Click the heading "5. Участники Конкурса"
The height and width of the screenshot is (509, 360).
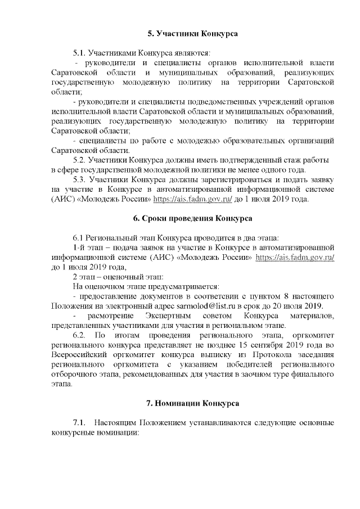tap(192, 33)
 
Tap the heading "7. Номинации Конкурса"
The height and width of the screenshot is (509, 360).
tap(192, 403)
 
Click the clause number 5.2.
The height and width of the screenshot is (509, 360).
tap(83, 160)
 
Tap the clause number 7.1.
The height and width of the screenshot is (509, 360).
tap(80, 422)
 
